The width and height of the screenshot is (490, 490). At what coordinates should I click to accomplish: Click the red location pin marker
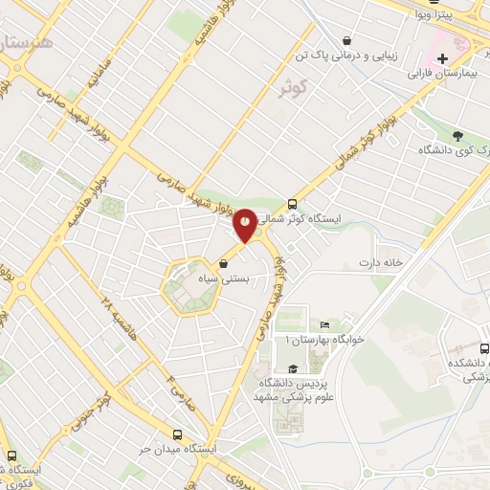[246, 223]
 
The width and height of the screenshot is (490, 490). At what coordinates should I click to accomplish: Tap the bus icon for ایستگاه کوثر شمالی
[292, 204]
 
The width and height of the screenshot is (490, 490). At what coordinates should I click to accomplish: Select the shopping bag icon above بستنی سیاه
[224, 263]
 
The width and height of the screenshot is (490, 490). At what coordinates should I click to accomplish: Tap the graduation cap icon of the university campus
[291, 368]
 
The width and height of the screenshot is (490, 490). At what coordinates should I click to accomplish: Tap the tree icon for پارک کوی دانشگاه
[457, 136]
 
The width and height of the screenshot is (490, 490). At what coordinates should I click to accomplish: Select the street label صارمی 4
[176, 388]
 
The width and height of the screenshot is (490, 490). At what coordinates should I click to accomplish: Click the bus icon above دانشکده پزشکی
[485, 349]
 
